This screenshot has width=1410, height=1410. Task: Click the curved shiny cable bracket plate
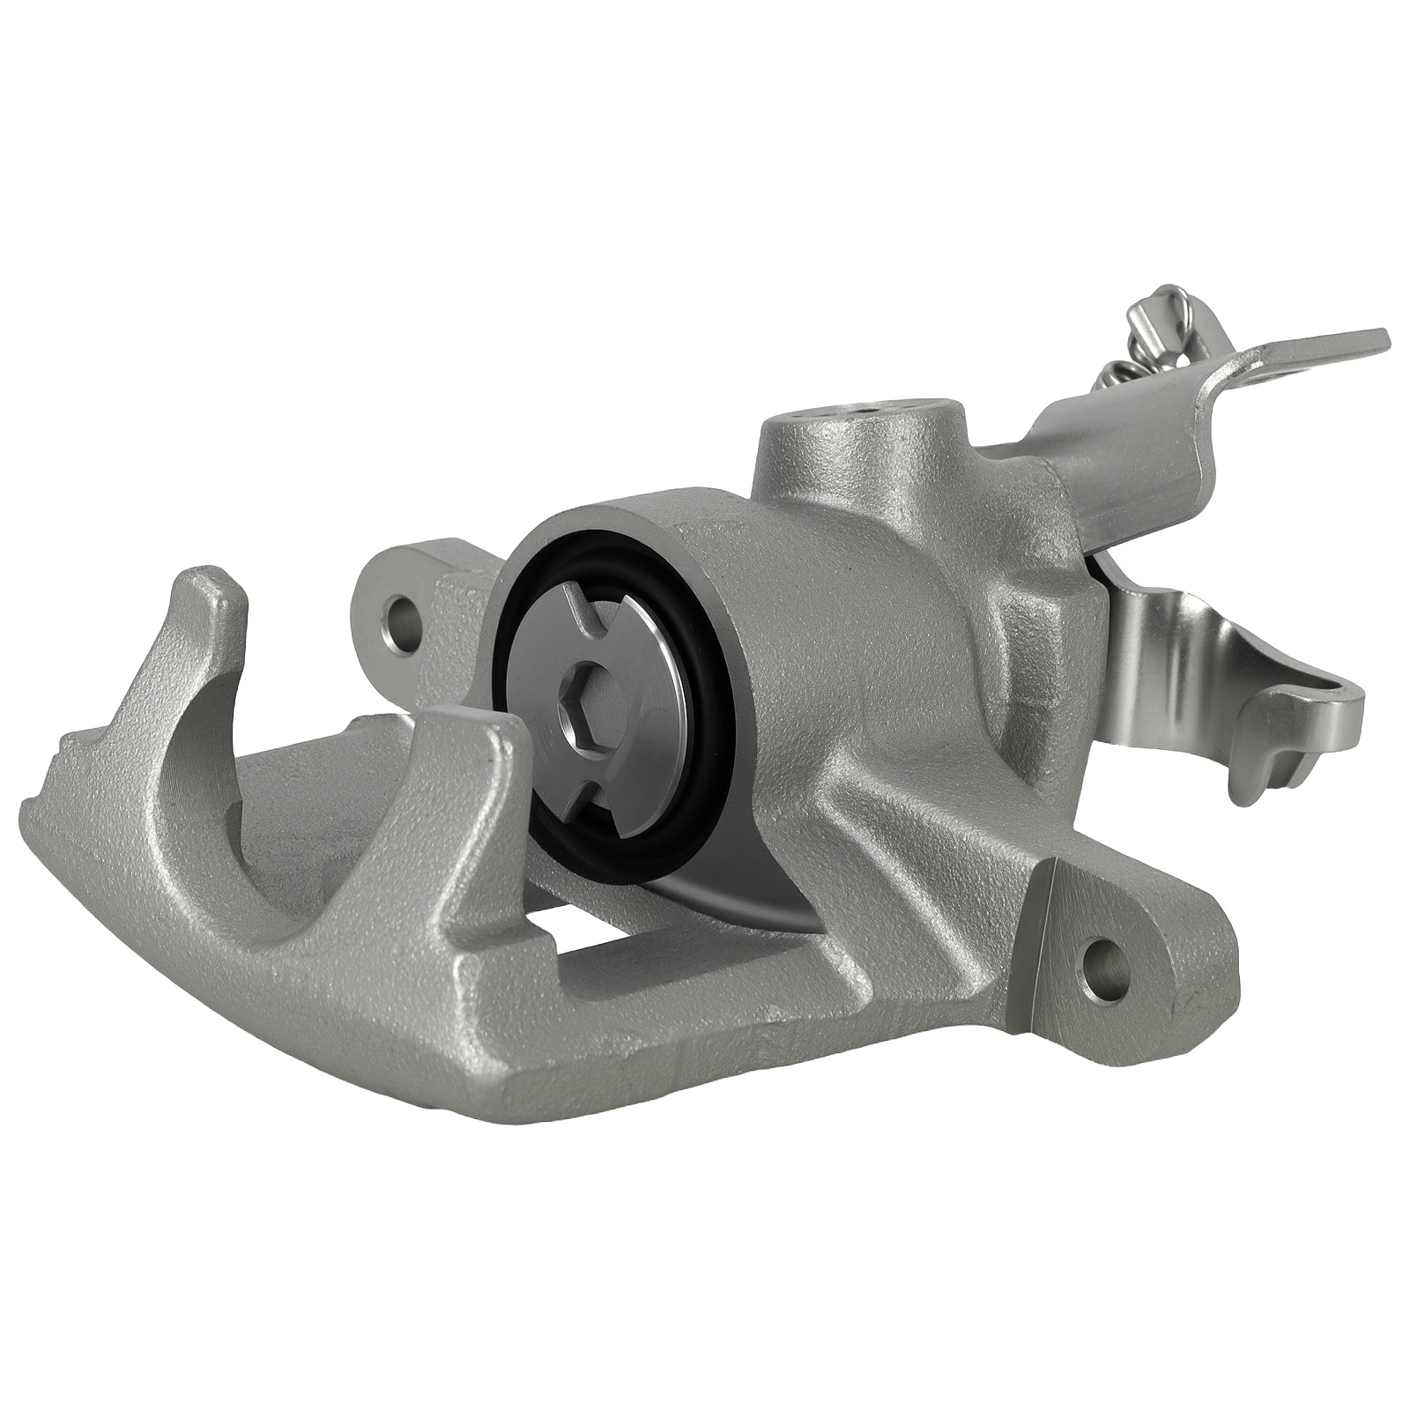pyautogui.click(x=1172, y=652)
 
